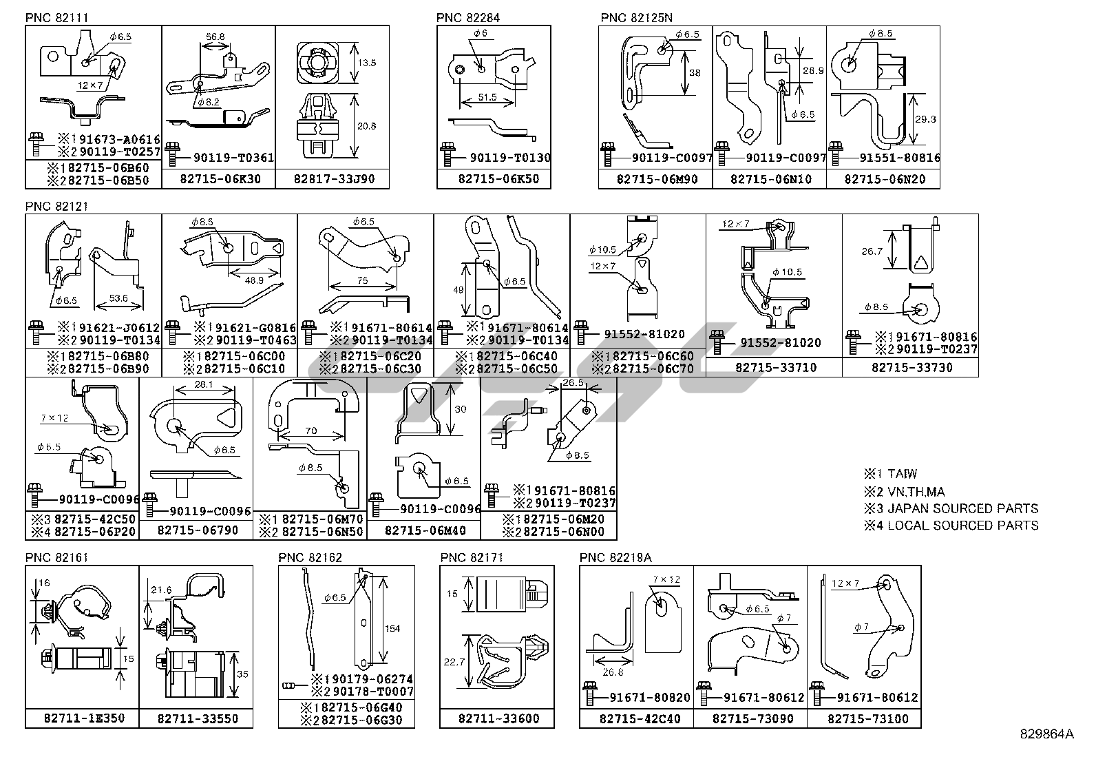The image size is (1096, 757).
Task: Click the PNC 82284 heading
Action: pyautogui.click(x=468, y=17)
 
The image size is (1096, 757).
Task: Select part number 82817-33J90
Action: pyautogui.click(x=335, y=179)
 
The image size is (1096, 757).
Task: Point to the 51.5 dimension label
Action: pyautogui.click(x=487, y=98)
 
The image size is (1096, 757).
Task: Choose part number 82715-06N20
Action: pyautogui.click(x=885, y=179)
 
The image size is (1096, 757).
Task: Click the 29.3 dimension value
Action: pyautogui.click(x=925, y=119)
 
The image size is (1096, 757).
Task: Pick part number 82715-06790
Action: pyautogui.click(x=198, y=530)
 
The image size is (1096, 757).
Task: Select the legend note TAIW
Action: pyautogui.click(x=902, y=474)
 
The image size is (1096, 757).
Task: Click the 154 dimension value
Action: pyautogui.click(x=392, y=628)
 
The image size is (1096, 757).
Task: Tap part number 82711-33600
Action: pyautogui.click(x=498, y=718)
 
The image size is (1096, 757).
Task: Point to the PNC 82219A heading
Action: pyautogui.click(x=615, y=557)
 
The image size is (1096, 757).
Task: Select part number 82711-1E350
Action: pyautogui.click(x=85, y=718)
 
